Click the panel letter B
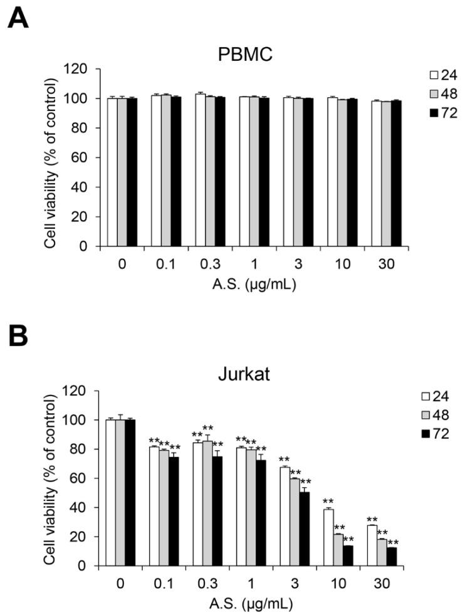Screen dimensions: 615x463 (17, 339)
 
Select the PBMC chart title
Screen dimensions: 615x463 (246, 54)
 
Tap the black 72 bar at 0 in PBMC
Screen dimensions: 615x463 (131, 172)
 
